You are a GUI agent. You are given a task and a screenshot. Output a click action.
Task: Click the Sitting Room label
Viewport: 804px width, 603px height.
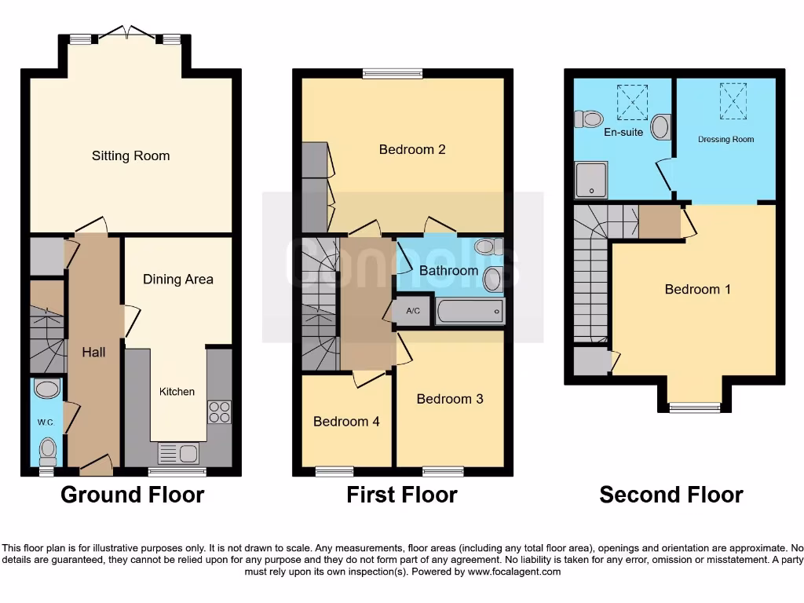(130, 155)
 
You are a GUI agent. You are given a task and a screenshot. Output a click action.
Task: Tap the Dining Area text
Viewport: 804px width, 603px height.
(177, 279)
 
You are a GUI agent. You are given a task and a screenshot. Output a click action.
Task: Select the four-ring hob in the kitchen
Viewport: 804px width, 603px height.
(219, 412)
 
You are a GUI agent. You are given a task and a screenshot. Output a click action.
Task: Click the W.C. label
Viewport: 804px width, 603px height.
(46, 422)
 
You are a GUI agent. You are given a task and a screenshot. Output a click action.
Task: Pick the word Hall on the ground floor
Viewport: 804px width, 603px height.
(93, 352)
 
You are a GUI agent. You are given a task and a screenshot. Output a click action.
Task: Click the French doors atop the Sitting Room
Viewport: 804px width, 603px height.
(126, 35)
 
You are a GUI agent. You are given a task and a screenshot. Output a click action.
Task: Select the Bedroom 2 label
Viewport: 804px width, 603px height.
(412, 149)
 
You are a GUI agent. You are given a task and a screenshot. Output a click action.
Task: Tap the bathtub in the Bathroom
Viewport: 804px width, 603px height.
(470, 312)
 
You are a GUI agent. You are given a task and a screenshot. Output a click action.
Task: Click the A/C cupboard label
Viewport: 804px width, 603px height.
(413, 312)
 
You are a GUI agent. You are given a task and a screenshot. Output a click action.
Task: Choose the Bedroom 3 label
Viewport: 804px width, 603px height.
(450, 399)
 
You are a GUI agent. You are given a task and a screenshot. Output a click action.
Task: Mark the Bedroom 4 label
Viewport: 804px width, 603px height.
(346, 422)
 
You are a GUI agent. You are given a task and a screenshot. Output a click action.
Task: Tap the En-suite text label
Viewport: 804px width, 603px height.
(623, 132)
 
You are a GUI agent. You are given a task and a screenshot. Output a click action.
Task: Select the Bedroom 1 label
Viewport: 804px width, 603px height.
(697, 289)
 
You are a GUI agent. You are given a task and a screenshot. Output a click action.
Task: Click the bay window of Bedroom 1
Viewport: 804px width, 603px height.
(695, 407)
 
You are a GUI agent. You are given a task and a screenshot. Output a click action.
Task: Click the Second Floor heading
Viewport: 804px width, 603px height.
(671, 495)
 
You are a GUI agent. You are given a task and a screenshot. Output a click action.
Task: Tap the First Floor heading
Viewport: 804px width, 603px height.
(401, 495)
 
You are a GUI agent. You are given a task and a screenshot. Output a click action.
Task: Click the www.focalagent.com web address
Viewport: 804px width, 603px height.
(513, 572)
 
